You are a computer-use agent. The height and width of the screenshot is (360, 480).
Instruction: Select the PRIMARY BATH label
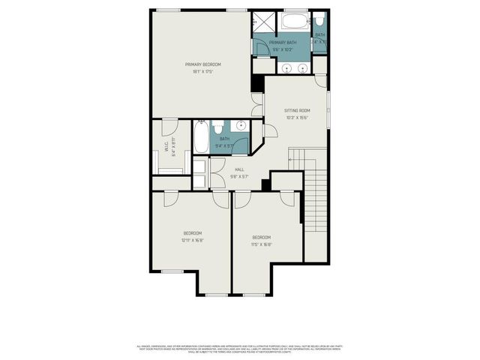[283, 43]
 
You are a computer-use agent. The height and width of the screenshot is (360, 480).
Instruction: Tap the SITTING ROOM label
[297, 110]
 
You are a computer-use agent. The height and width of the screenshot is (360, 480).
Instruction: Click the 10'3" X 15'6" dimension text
[297, 118]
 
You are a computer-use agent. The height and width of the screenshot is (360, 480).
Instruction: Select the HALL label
[239, 169]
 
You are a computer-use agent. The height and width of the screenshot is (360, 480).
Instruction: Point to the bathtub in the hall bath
[202, 137]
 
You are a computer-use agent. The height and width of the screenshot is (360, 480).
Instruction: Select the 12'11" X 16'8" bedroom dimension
[192, 241]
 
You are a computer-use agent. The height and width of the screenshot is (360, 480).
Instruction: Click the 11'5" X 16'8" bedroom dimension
[262, 244]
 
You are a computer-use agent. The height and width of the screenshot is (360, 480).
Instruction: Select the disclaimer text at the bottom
[240, 349]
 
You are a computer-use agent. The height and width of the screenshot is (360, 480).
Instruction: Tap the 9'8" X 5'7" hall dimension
[239, 177]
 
